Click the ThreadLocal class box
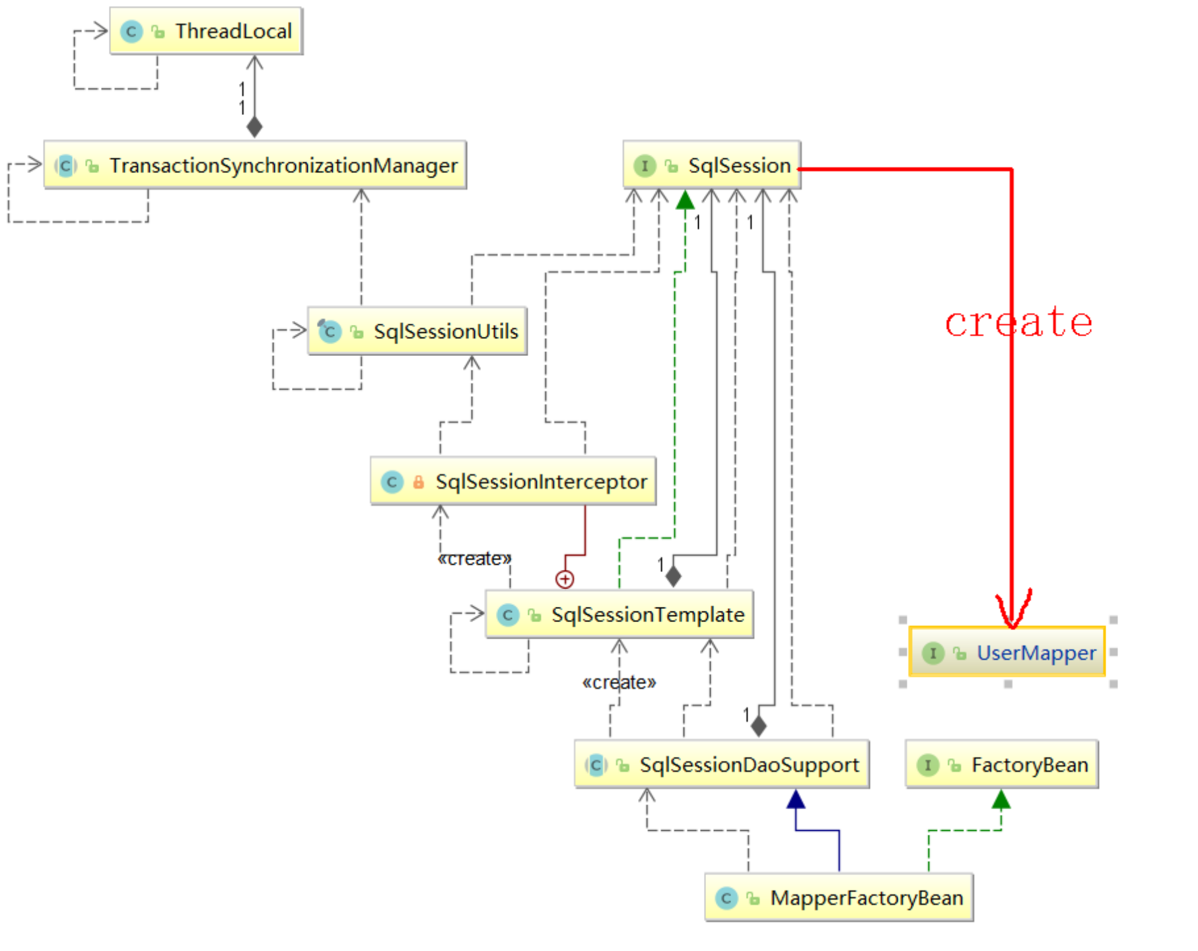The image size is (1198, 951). [206, 31]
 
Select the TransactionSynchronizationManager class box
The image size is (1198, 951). [255, 165]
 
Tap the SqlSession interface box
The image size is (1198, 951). [712, 165]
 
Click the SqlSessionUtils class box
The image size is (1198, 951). [417, 331]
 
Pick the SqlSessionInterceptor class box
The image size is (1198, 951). [513, 481]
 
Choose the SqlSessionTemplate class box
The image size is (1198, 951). [619, 615]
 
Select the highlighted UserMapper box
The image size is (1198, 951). [1007, 652]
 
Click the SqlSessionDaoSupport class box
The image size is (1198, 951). [722, 765]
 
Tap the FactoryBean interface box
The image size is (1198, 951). [1002, 765]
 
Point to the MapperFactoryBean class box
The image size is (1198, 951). [839, 898]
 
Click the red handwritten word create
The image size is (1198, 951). [1018, 323]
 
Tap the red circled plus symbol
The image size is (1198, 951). [565, 579]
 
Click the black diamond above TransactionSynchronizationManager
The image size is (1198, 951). [254, 127]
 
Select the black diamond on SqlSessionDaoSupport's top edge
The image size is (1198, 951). [759, 726]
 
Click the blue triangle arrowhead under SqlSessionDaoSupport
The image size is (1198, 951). [796, 800]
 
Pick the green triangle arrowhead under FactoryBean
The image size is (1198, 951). [1001, 800]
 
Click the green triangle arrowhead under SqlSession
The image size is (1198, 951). [686, 200]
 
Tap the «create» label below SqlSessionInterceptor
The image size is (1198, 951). [474, 559]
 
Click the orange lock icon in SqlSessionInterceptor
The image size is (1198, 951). [418, 482]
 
